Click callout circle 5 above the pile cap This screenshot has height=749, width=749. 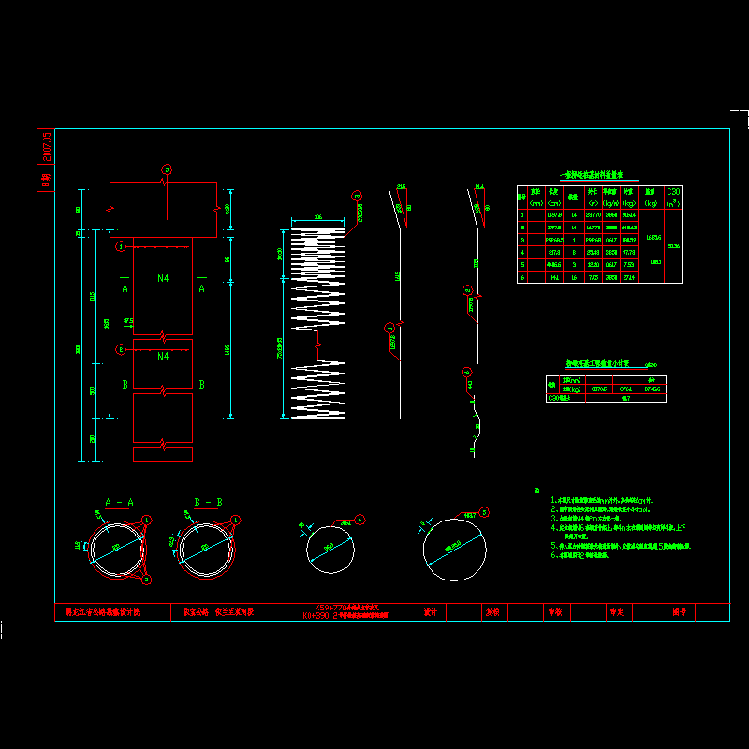pyautogui.click(x=167, y=169)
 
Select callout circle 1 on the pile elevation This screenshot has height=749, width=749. pyautogui.click(x=120, y=247)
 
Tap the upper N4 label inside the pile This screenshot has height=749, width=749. pyautogui.click(x=163, y=278)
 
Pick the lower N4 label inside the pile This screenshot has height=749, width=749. pyautogui.click(x=163, y=357)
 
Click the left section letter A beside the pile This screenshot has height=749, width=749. pyautogui.click(x=125, y=288)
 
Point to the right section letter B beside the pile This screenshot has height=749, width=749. pyautogui.click(x=201, y=384)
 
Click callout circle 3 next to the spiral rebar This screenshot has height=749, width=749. pyautogui.click(x=356, y=196)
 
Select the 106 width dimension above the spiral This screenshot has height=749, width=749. pyautogui.click(x=318, y=217)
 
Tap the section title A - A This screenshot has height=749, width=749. pyautogui.click(x=119, y=503)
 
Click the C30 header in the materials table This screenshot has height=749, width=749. pyautogui.click(x=672, y=191)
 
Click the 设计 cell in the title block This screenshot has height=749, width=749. pyautogui.click(x=432, y=612)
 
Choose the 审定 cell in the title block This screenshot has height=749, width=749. pyautogui.click(x=617, y=612)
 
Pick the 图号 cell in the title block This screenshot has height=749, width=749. pyautogui.click(x=679, y=612)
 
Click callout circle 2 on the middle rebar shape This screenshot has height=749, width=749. pyautogui.click(x=467, y=290)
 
